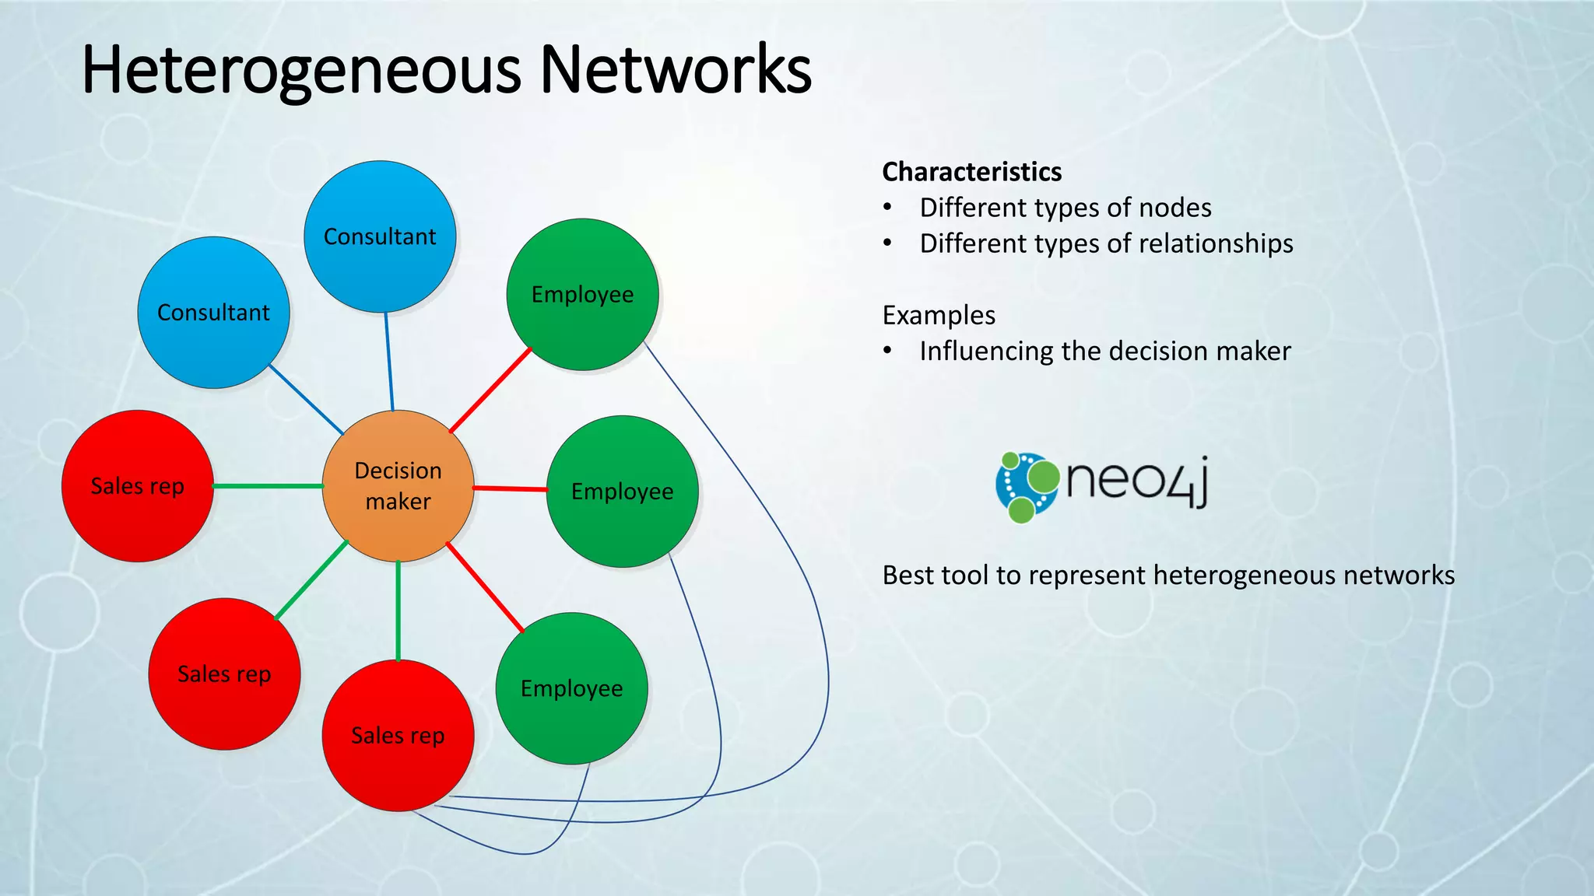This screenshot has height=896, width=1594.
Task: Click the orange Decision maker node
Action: [398, 486]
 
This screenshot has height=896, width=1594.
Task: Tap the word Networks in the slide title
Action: [676, 70]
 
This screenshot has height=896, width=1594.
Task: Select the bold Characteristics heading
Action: [971, 172]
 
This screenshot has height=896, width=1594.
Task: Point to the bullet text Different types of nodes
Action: [1065, 208]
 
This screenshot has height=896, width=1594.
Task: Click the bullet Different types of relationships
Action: [1106, 243]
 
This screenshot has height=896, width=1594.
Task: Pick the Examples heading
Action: [939, 315]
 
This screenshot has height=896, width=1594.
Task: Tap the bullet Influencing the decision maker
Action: [1104, 351]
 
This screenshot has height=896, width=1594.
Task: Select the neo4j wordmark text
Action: [1137, 481]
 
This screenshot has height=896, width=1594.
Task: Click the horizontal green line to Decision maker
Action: [267, 486]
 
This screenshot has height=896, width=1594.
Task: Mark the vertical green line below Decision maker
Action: [398, 611]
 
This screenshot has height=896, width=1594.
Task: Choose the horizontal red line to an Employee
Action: [510, 488]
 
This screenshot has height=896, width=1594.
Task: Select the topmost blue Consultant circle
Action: [380, 236]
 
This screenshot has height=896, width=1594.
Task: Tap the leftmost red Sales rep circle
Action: [138, 486]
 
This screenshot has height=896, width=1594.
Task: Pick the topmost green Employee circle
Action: [582, 295]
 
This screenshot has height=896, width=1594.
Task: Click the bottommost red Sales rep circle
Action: [398, 735]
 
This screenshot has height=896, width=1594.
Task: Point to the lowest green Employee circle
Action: [571, 688]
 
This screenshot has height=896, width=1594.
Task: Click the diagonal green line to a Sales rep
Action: [312, 580]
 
